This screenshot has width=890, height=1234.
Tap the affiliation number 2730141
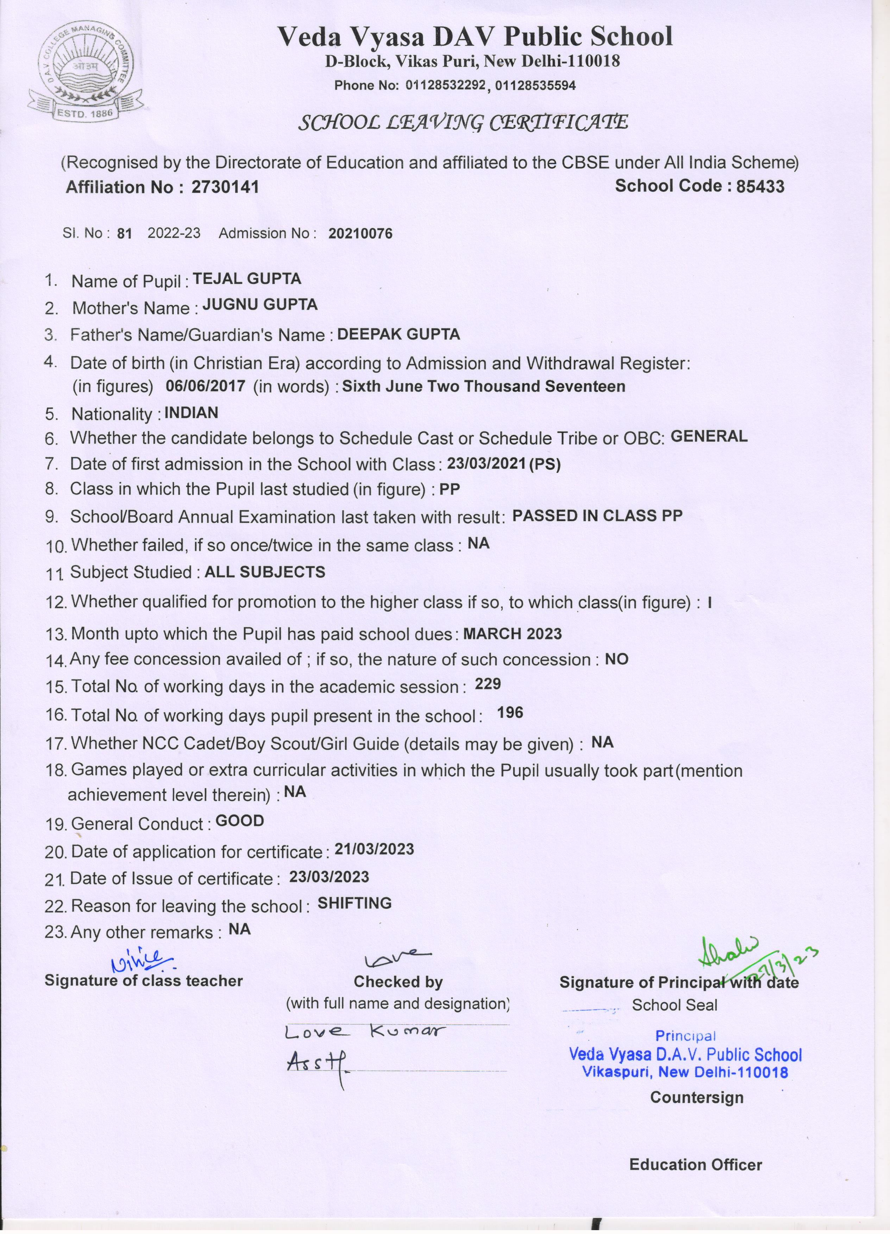coord(225,187)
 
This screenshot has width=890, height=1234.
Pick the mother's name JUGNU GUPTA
coord(260,305)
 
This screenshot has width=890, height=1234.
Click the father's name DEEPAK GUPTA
coord(399,334)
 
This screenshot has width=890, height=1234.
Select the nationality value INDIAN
coord(191,413)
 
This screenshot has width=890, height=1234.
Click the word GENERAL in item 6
coord(709,436)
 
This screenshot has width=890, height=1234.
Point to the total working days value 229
coord(487,684)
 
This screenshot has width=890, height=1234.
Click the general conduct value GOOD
coord(239,821)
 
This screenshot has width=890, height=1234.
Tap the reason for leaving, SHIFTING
coord(355,904)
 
